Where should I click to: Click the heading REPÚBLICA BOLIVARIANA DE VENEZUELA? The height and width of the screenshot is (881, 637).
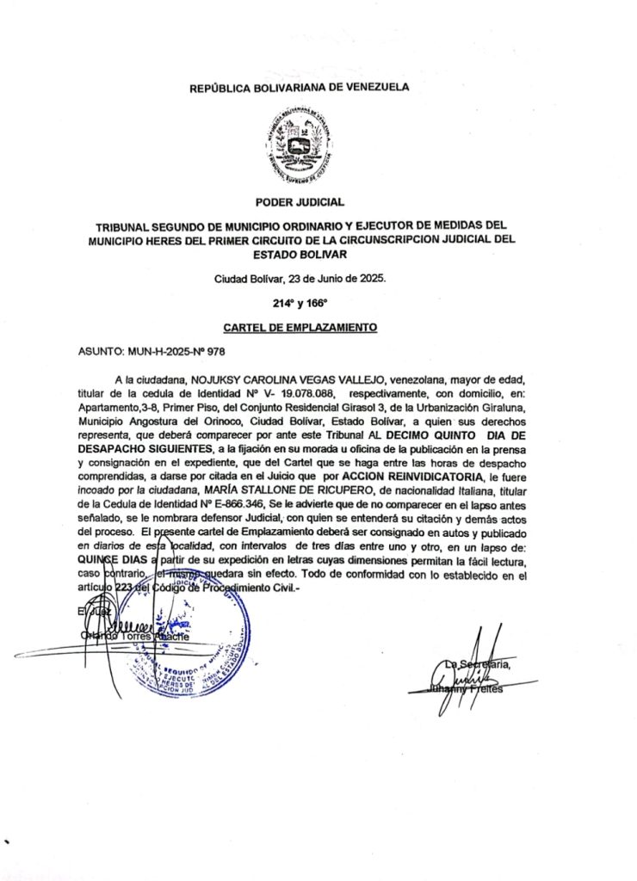point(300,87)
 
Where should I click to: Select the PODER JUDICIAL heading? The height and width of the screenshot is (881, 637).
point(300,202)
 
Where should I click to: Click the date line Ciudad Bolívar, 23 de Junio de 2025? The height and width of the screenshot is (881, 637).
point(300,279)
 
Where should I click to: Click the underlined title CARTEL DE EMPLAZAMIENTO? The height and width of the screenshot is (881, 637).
point(300,328)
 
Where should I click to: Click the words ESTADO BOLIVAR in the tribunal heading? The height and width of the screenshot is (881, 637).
point(300,256)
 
